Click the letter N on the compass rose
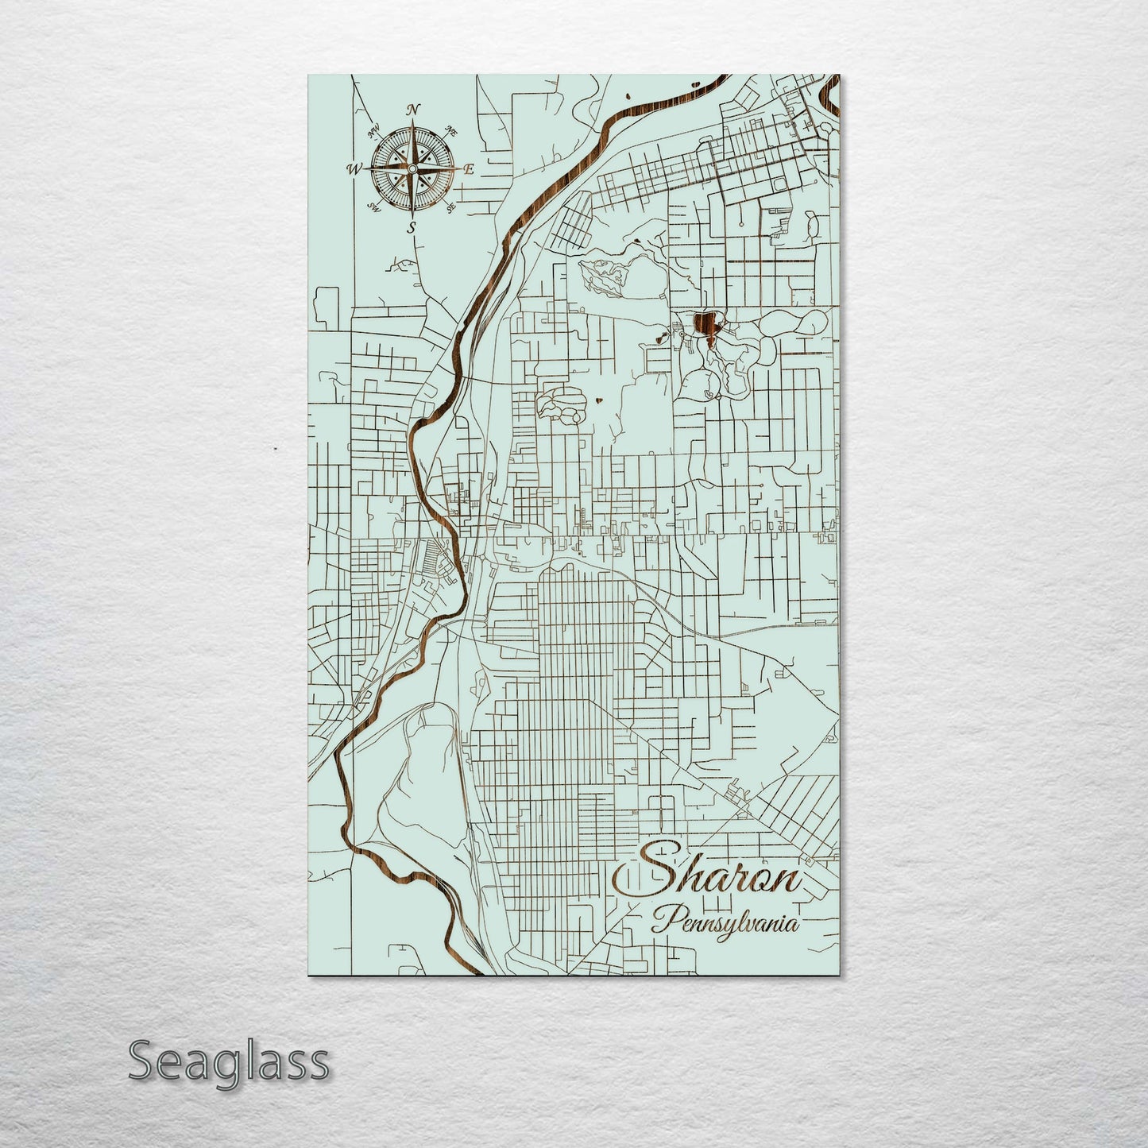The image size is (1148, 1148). (412, 110)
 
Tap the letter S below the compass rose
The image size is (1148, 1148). (412, 228)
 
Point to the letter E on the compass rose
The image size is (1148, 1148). (469, 169)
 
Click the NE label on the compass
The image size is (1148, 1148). (451, 130)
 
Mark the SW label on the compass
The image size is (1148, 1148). (373, 208)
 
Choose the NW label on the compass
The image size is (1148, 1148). (373, 131)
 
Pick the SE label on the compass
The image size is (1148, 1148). (450, 208)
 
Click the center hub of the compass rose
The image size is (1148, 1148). (412, 168)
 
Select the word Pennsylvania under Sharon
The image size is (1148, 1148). (725, 925)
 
